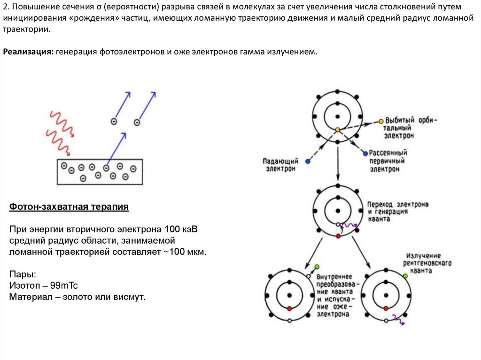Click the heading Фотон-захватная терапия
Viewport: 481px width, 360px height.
[x=69, y=207]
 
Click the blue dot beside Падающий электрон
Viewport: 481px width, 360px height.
[x=308, y=161]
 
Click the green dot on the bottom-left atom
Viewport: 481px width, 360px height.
[x=317, y=267]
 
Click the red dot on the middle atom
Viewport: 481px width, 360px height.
[x=337, y=235]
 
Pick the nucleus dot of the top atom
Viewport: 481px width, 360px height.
[x=337, y=116]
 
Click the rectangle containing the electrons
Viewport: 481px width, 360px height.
[x=100, y=171]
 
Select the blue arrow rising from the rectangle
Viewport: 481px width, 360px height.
[x=116, y=148]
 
